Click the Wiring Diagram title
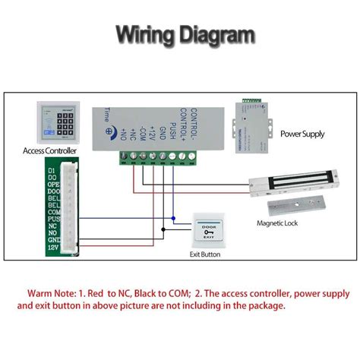(185, 36)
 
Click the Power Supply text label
(302, 134)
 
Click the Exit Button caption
(204, 254)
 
